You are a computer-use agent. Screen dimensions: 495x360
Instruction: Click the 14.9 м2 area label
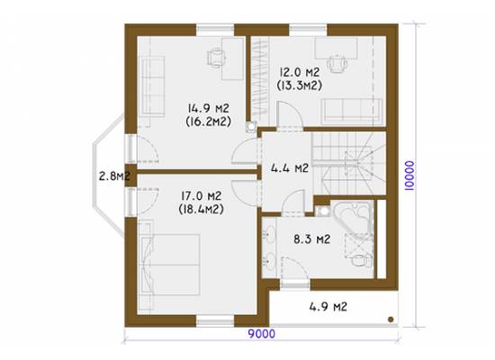(209, 108)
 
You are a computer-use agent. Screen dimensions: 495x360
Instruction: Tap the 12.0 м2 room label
(300, 72)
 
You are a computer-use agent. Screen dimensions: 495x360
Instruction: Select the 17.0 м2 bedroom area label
(201, 196)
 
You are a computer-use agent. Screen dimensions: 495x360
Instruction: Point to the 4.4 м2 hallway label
(290, 168)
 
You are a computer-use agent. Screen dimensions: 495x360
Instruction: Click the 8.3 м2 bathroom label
(312, 239)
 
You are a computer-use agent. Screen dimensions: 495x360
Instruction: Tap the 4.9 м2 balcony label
(328, 306)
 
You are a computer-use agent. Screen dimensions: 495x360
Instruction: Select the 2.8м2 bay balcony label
(114, 175)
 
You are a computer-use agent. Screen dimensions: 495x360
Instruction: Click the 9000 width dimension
(261, 334)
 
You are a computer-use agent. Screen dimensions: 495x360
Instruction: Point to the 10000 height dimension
(409, 175)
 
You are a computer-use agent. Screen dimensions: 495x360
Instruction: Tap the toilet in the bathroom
(361, 260)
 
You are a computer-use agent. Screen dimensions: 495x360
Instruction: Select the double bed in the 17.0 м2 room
(170, 265)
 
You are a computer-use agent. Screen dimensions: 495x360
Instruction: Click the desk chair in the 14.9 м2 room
(216, 58)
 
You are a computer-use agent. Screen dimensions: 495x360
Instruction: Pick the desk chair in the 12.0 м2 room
(337, 64)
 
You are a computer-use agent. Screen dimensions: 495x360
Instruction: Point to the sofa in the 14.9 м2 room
(153, 85)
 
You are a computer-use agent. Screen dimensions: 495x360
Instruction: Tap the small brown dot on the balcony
(391, 319)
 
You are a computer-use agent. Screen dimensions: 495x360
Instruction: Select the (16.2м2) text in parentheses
(209, 121)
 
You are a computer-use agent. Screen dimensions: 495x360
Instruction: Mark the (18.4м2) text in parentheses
(201, 209)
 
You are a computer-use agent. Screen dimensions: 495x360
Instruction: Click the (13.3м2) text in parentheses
(300, 85)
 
